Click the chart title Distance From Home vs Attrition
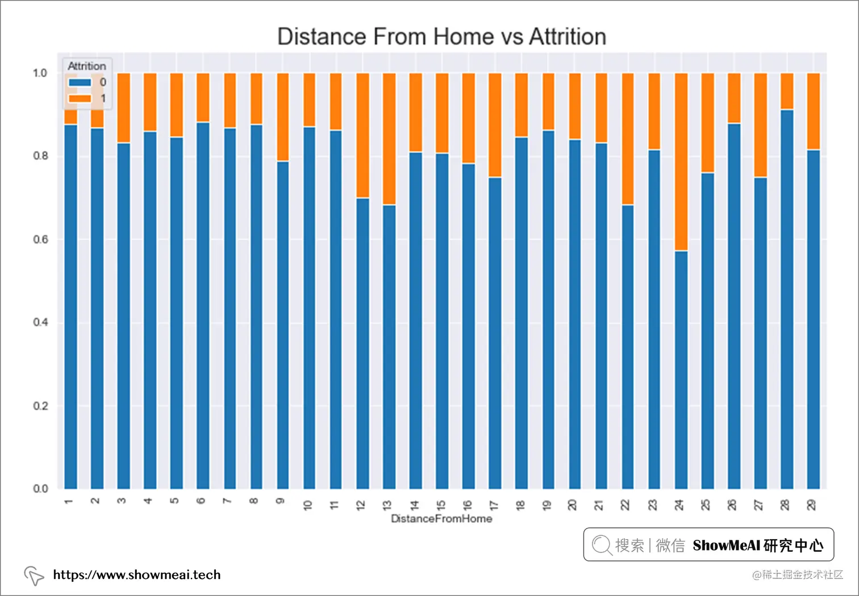tap(441, 37)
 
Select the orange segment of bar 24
tap(681, 162)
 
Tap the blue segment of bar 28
tap(787, 299)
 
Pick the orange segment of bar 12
tap(362, 135)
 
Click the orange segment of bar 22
tap(627, 138)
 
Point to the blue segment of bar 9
tap(282, 325)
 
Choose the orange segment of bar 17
tap(495, 125)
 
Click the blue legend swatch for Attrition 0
tap(80, 82)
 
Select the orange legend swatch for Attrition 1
tap(80, 98)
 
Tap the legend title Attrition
tap(87, 66)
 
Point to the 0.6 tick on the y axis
tap(40, 240)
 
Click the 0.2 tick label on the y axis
tap(40, 406)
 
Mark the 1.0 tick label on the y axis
tap(40, 73)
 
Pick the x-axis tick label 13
tap(387, 505)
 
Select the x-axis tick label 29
tap(812, 505)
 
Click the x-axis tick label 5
tap(175, 501)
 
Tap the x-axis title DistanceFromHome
tap(441, 519)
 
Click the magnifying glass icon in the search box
tap(601, 545)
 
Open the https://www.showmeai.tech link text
tap(137, 574)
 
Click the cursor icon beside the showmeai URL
tap(34, 576)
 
